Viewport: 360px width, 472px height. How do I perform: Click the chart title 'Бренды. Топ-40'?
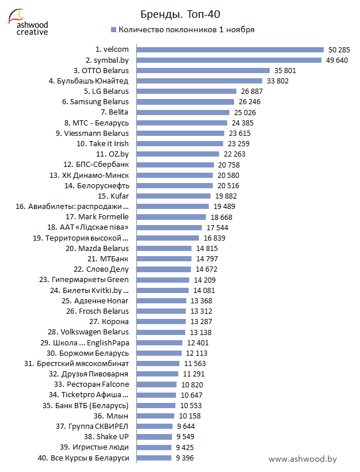pyautogui.click(x=180, y=14)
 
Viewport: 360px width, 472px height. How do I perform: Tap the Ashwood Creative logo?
pyautogui.click(x=28, y=22)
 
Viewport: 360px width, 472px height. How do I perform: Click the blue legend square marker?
pyautogui.click(x=113, y=29)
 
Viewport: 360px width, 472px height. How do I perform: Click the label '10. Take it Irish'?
pyautogui.click(x=102, y=143)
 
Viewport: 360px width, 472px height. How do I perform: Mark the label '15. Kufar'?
pyautogui.click(x=116, y=196)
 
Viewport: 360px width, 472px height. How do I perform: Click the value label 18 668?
pyautogui.click(x=221, y=217)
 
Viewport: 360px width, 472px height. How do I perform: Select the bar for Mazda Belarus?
pyautogui.click(x=162, y=248)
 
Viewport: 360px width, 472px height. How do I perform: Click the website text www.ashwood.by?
pyautogui.click(x=302, y=459)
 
